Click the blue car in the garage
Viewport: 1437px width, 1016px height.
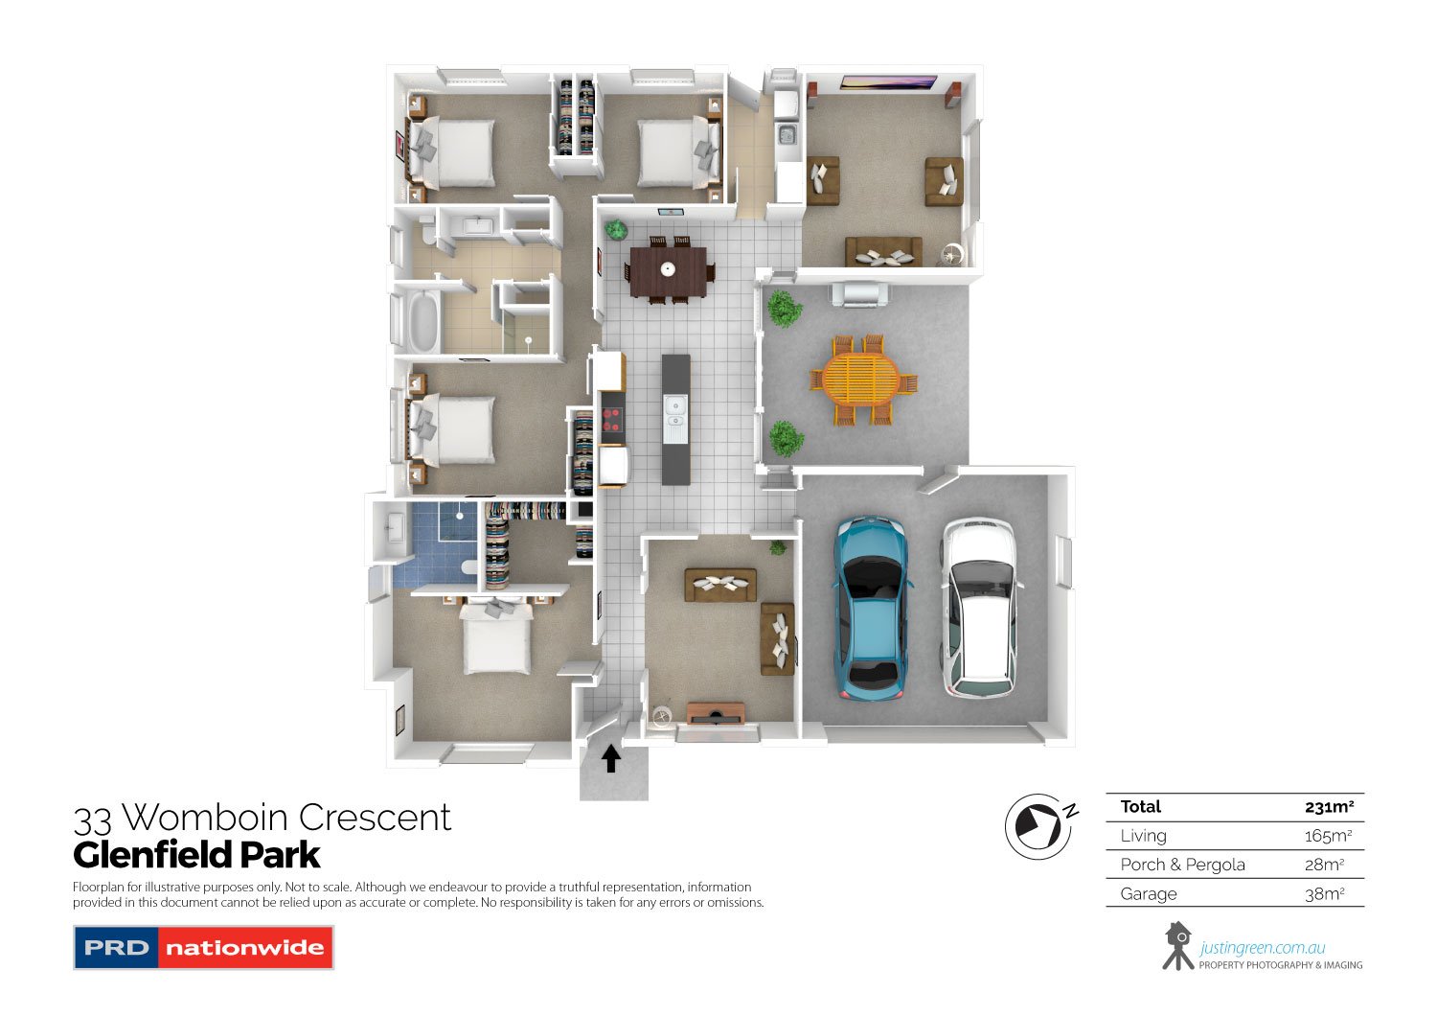(872, 608)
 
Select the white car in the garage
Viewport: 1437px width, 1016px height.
(980, 608)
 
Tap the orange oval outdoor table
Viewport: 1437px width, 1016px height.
(861, 379)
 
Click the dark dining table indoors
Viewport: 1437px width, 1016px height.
(669, 271)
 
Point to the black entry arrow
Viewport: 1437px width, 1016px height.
(611, 758)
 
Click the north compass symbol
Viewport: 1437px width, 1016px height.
(1040, 826)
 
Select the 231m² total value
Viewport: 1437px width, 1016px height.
(1330, 807)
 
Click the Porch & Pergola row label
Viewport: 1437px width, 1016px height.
(1182, 865)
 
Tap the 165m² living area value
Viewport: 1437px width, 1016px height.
(1328, 836)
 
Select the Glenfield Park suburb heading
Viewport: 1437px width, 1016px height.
(196, 855)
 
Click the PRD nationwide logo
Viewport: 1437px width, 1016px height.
(203, 947)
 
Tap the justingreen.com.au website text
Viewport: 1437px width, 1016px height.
(1262, 947)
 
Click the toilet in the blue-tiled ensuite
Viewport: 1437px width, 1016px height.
(468, 567)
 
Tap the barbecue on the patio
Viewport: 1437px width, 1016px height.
(859, 294)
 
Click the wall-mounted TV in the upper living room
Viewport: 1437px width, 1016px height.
(888, 82)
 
